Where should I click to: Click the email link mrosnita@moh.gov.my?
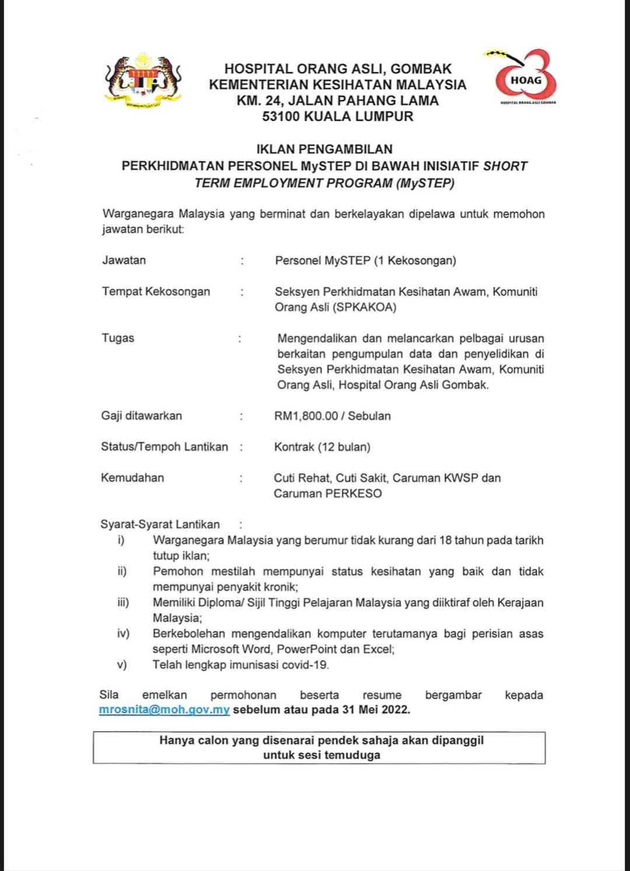point(164,710)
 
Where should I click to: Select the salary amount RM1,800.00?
point(306,416)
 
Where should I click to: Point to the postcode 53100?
point(281,116)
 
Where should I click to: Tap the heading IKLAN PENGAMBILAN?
point(324,149)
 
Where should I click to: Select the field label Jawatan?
point(124,260)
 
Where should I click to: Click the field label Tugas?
point(118,338)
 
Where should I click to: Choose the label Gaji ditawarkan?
point(141,416)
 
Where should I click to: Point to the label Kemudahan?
point(132,477)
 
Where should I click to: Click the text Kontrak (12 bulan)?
point(322,447)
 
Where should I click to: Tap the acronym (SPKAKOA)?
point(365,307)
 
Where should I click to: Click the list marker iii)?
point(123,602)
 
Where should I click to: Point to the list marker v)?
point(122,665)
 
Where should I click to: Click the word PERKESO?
point(353,493)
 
